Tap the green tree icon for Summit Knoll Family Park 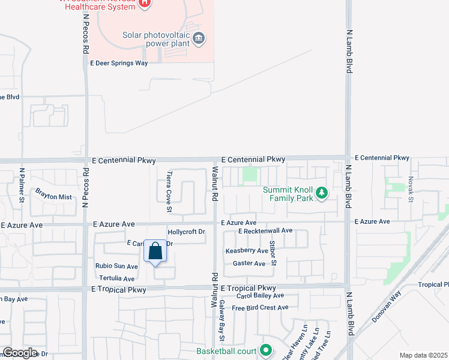tap(322, 193)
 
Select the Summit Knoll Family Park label tap(288, 194)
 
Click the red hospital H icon tap(143, 4)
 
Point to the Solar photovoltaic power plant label tap(157, 39)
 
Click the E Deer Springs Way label tap(119, 62)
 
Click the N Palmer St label tap(21, 187)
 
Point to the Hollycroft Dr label tap(187, 232)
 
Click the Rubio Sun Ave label tap(116, 266)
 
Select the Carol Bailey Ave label tap(260, 296)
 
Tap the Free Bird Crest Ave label tap(260, 308)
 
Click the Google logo tap(20, 353)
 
